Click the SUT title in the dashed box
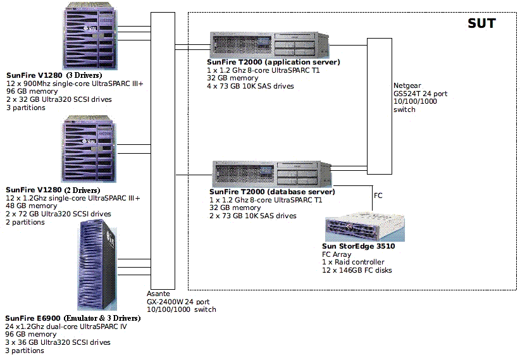click(x=481, y=23)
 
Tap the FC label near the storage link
click(x=379, y=196)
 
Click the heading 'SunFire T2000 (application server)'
click(x=273, y=63)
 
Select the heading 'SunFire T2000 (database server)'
click(x=272, y=192)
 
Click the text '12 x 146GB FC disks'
click(x=357, y=270)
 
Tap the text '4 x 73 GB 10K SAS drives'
click(x=251, y=86)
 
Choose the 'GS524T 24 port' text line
click(x=420, y=94)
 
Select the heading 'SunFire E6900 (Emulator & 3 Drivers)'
click(x=72, y=318)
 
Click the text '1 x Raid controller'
click(x=353, y=262)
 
